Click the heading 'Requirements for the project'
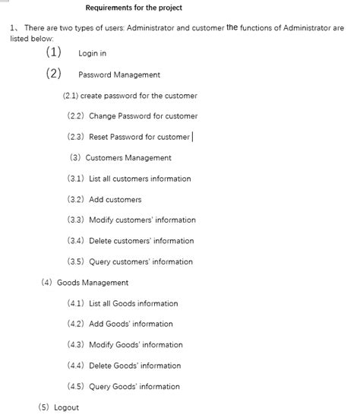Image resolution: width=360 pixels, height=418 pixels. click(x=134, y=8)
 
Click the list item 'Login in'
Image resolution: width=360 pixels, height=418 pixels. click(x=92, y=54)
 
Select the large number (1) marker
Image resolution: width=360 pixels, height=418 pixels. click(x=53, y=53)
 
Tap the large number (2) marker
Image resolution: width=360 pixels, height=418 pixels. click(x=53, y=74)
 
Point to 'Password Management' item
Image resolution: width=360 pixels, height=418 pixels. click(x=119, y=75)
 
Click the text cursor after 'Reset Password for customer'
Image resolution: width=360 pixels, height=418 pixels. click(x=193, y=137)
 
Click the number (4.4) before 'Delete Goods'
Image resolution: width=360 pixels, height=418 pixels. click(x=75, y=366)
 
